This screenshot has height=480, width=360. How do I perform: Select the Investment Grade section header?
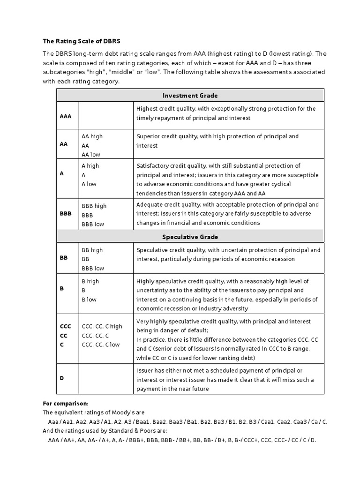[190, 96]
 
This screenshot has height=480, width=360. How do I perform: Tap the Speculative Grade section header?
[190, 237]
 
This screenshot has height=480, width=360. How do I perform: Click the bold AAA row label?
[66, 115]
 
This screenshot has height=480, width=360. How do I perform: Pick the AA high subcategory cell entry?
[92, 136]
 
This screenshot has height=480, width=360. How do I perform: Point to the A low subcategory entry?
[89, 184]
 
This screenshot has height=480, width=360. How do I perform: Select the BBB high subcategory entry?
[94, 206]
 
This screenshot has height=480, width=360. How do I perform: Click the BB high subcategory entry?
[92, 250]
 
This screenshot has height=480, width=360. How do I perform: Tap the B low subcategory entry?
[89, 300]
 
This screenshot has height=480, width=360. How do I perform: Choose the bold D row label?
[62, 377]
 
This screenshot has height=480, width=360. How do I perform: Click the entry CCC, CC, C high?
[102, 326]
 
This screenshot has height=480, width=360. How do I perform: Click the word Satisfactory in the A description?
[153, 165]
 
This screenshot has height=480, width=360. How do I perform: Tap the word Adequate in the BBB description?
[149, 204]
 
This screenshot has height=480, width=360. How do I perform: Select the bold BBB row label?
[66, 213]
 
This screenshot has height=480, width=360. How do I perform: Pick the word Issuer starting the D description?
[145, 371]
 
